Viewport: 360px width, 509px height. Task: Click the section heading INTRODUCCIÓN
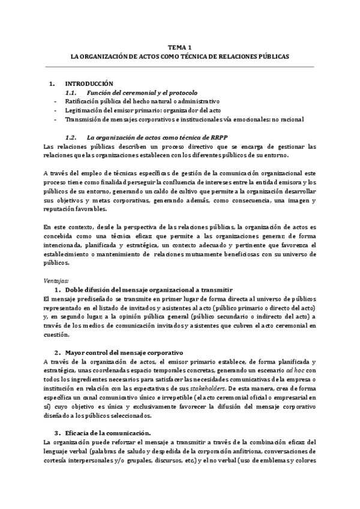pyautogui.click(x=88, y=83)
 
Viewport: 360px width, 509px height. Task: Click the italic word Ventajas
pyautogui.click(x=57, y=264)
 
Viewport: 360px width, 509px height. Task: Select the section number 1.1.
pyautogui.click(x=71, y=93)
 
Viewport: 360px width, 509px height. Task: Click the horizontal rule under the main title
pyautogui.click(x=179, y=66)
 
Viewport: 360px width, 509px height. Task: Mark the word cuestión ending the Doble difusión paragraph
pyautogui.click(x=57, y=335)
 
